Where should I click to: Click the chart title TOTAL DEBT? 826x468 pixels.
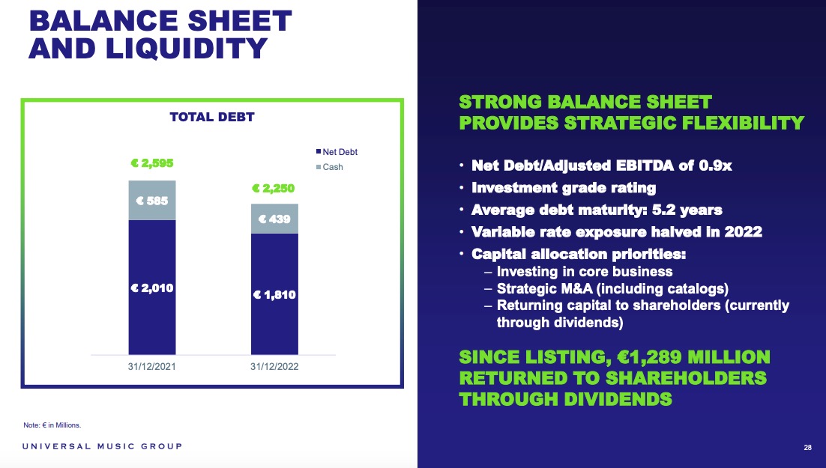point(212,117)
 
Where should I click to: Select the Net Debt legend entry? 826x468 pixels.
point(337,151)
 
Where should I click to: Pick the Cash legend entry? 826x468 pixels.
point(329,167)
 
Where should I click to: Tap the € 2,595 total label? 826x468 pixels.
point(151,163)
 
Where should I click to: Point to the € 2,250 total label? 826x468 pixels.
point(274,188)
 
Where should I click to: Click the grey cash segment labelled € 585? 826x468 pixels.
point(152,201)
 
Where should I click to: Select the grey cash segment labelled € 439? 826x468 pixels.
point(274,219)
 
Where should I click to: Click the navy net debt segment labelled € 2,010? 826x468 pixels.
point(152,288)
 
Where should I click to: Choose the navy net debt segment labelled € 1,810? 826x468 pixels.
point(274,294)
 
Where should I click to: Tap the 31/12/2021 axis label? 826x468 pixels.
point(151,366)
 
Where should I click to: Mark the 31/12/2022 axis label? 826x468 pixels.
point(274,366)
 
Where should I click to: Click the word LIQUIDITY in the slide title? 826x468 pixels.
point(187,49)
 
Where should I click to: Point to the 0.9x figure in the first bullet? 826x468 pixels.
point(715,165)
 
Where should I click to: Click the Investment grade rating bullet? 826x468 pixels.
point(564,188)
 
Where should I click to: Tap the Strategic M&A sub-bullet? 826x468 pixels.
point(612,288)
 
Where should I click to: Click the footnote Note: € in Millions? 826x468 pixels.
point(52,425)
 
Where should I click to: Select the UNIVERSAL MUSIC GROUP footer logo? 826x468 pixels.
point(102,446)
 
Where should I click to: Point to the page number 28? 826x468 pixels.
point(807,448)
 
